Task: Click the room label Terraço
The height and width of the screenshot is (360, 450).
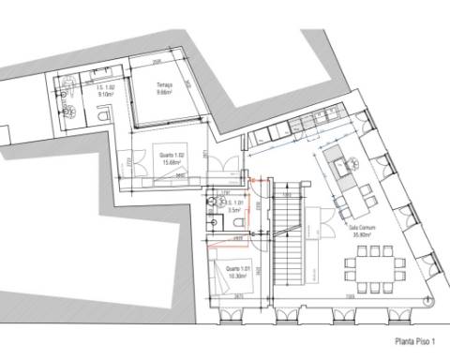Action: [165, 83]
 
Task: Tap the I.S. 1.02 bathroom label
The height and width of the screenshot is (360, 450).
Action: [105, 88]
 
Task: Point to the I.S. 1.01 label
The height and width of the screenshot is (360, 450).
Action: [234, 202]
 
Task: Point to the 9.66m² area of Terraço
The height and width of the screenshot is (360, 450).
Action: [165, 91]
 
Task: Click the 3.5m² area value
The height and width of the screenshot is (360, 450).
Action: [234, 210]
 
